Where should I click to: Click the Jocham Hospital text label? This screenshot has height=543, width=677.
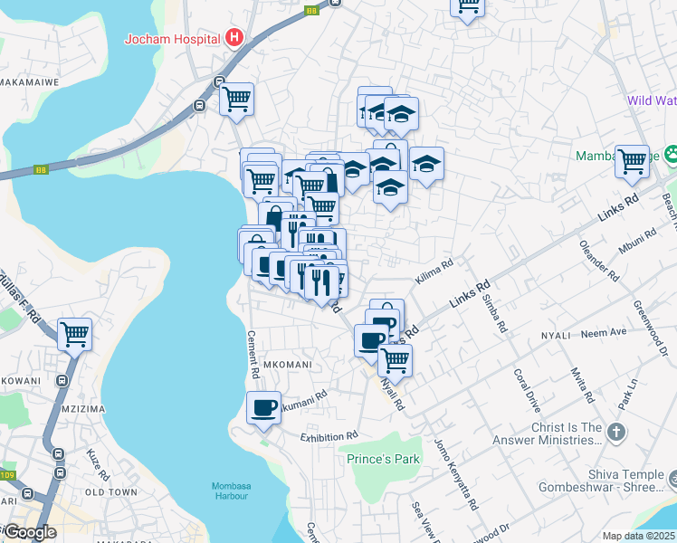click(x=173, y=39)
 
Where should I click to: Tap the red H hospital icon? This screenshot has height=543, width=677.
click(x=234, y=38)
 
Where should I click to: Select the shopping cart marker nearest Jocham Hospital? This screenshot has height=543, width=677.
click(x=236, y=99)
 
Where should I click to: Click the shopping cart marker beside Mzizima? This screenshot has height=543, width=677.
click(x=74, y=334)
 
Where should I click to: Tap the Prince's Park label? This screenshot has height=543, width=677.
click(x=384, y=459)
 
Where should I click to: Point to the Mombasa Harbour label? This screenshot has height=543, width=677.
click(x=237, y=490)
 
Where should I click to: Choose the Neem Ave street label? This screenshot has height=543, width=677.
click(x=605, y=333)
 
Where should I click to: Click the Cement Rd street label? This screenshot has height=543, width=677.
click(x=253, y=353)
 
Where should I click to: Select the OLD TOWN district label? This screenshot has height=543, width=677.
click(x=110, y=492)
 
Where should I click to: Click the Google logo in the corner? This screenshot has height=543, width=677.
click(x=30, y=532)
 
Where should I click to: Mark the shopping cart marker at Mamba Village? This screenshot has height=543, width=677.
click(x=632, y=161)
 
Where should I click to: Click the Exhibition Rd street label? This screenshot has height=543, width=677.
click(x=329, y=436)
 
